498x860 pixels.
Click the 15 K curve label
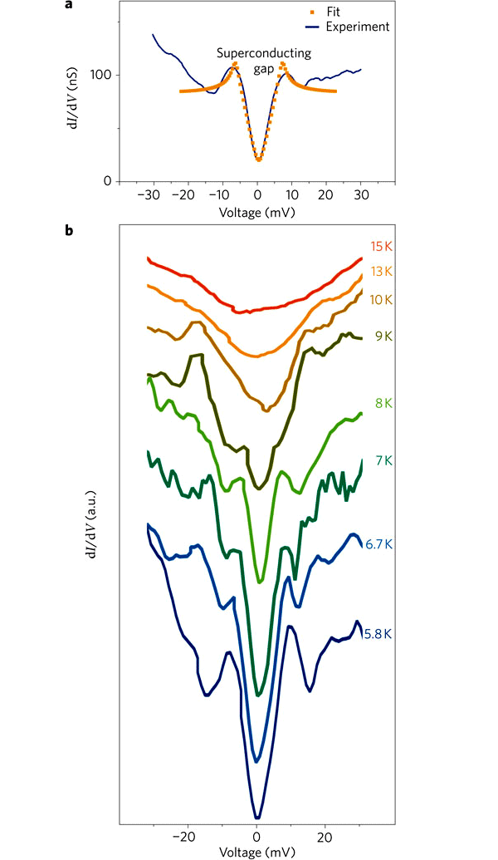pyautogui.click(x=381, y=246)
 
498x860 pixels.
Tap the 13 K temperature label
pyautogui.click(x=381, y=272)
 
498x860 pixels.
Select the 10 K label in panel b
pyautogui.click(x=381, y=299)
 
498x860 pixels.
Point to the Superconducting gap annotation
pyautogui.click(x=264, y=60)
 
